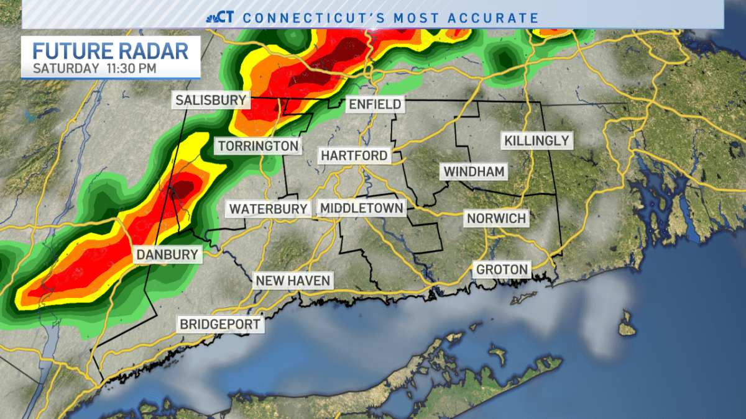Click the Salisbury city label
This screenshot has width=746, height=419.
click(x=211, y=100)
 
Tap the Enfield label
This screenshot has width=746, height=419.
click(x=375, y=104)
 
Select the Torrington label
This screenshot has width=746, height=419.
click(x=258, y=146)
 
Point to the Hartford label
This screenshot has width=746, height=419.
click(x=354, y=155)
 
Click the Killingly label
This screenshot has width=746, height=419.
click(x=536, y=140)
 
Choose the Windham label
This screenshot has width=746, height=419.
click(x=474, y=171)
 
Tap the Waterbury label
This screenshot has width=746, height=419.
click(x=268, y=209)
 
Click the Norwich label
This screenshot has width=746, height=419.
click(x=496, y=219)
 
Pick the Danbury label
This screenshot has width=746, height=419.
click(x=167, y=254)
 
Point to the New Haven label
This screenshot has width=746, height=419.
click(x=292, y=281)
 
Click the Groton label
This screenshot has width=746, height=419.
click(x=502, y=269)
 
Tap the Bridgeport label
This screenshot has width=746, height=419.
click(x=219, y=324)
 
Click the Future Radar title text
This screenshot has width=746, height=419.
click(x=110, y=50)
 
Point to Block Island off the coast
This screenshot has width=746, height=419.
click(x=627, y=327)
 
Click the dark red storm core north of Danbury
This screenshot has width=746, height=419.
click(x=185, y=188)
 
